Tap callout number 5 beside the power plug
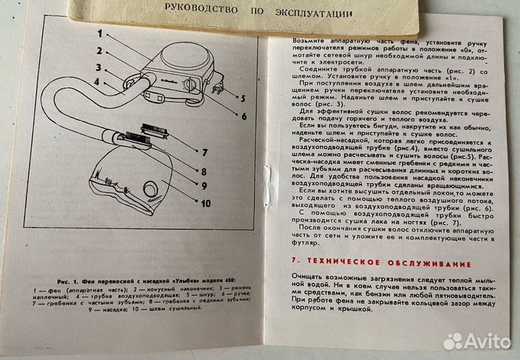(243, 97)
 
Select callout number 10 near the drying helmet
(205, 203)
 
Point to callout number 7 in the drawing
(205, 153)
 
